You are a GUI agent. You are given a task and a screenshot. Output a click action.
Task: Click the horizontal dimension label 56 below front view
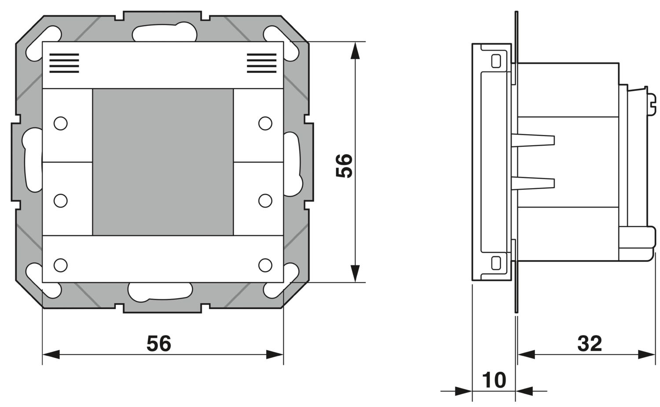coord(159,343)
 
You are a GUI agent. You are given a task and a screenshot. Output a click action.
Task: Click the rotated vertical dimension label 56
coord(344,166)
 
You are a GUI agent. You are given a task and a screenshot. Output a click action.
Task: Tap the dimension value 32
coord(590,343)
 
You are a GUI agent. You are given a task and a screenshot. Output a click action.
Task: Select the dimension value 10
coord(494,380)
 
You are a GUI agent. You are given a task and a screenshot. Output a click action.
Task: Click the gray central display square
coord(163,162)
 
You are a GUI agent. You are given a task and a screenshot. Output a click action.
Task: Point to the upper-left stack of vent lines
coord(64,63)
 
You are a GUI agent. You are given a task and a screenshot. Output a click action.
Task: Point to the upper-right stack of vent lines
coord(262,63)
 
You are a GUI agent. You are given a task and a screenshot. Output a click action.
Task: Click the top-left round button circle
coord(61,124)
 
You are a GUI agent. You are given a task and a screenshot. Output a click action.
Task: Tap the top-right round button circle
coord(265,124)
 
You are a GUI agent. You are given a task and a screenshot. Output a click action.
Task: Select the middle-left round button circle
coord(61,201)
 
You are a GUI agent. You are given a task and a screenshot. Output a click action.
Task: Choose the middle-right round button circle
coord(265,201)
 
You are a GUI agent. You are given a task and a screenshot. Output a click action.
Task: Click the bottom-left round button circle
coord(61,265)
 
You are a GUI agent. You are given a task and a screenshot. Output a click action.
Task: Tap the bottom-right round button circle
coord(265,265)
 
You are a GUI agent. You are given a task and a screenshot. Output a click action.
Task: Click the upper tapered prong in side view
coord(533,140)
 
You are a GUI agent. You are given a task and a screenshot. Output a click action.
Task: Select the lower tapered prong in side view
coord(533,183)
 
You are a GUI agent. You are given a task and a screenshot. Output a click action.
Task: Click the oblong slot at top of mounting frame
coord(165,33)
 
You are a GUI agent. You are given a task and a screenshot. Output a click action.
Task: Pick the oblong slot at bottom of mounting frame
coord(160,292)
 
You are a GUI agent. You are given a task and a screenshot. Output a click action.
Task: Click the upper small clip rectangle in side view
coord(496,61)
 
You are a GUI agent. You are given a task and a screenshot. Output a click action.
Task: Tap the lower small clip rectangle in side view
coord(496,263)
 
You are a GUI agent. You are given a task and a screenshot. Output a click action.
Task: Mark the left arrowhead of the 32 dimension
coord(526,355)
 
